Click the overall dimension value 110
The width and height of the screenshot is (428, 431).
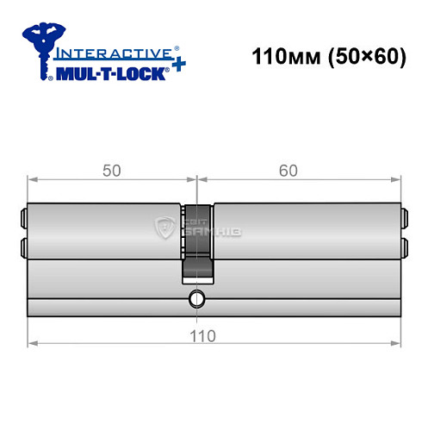tap(200, 334)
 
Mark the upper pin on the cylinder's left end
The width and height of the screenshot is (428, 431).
tap(22, 216)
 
